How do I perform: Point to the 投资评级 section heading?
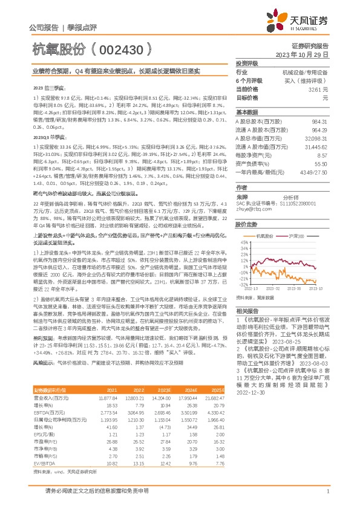pyautogui.click(x=247, y=63)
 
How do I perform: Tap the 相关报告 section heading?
pyautogui.click(x=247, y=310)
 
